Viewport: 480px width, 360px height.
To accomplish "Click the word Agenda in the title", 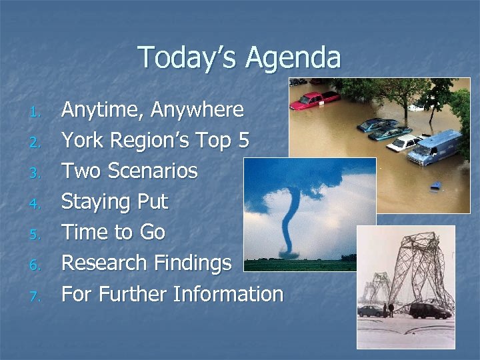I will [293, 58].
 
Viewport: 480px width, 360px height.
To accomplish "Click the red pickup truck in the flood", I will [315, 100].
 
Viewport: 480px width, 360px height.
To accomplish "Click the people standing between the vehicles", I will [390, 309].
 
